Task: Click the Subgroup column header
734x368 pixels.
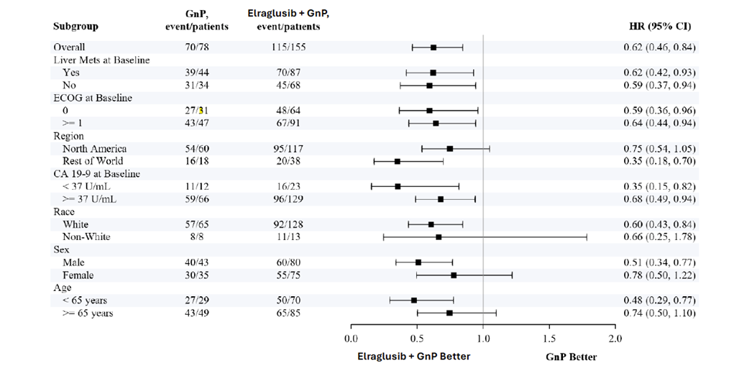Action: (x=75, y=27)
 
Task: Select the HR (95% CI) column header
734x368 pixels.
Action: (x=659, y=27)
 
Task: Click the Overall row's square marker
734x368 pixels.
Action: (x=433, y=47)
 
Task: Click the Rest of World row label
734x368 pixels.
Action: (x=93, y=161)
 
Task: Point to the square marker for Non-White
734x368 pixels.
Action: (x=439, y=236)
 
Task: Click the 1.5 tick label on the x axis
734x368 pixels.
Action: (x=549, y=339)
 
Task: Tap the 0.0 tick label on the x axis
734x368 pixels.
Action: (x=351, y=339)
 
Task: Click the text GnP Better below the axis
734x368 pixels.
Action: (x=572, y=356)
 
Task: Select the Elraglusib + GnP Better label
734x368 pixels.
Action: (x=414, y=356)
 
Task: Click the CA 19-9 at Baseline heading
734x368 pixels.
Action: (x=96, y=174)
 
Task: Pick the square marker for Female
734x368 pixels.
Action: (x=454, y=275)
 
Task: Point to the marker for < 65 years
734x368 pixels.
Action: (x=414, y=300)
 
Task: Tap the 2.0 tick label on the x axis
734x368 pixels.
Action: (x=615, y=339)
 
